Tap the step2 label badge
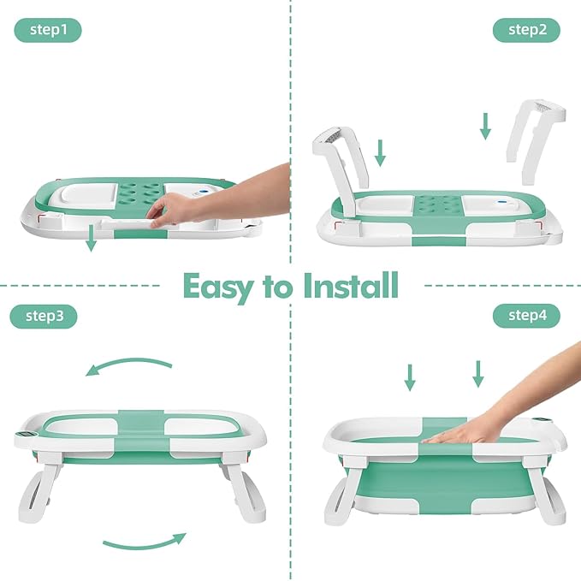click(x=526, y=31)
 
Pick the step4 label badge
click(x=526, y=316)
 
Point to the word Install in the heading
click(x=351, y=286)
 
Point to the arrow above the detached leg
click(x=485, y=126)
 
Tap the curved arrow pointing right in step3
click(x=144, y=541)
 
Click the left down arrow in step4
click(x=410, y=376)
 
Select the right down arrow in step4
click(x=477, y=373)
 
